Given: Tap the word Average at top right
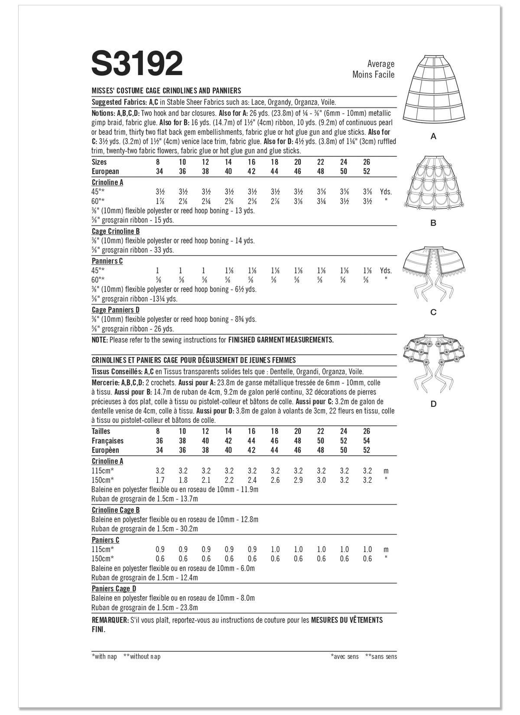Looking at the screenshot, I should [381, 64].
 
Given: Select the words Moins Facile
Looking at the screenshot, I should [374, 75].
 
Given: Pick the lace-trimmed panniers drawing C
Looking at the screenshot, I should [433, 271].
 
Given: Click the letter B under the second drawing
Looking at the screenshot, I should [433, 223].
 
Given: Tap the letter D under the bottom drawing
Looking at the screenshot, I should [433, 404].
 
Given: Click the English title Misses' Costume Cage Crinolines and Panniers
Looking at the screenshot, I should [166, 91].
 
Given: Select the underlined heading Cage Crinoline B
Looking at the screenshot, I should [116, 231].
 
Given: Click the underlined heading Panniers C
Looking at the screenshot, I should [107, 261].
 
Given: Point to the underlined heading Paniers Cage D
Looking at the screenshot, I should [114, 588].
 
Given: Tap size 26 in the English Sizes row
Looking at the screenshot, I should [367, 162].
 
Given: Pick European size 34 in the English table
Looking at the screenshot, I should [159, 171].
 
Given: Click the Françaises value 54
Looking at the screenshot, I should [367, 441].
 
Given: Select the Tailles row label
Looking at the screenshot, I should [101, 431].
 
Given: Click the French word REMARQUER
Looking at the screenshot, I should [110, 620].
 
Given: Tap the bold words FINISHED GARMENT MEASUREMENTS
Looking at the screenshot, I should [281, 340].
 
